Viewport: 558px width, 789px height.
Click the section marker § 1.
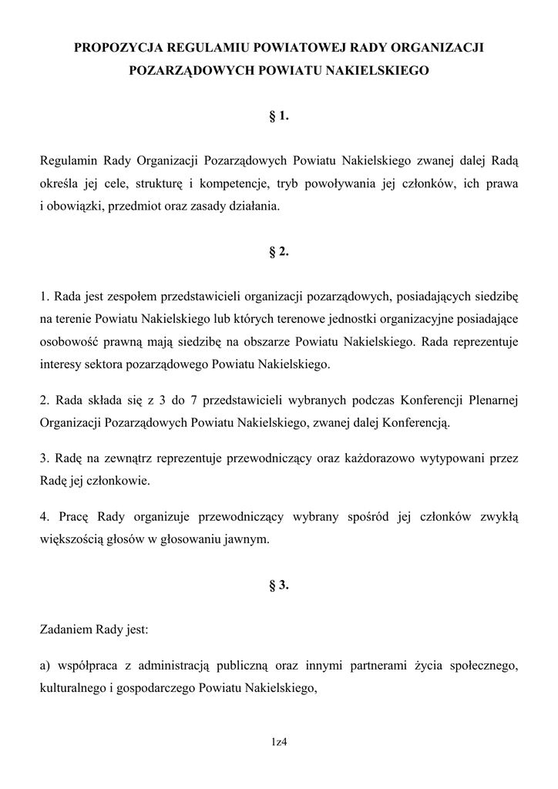279,116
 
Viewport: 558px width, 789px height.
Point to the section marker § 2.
279,250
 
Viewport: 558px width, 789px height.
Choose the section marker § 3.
279,585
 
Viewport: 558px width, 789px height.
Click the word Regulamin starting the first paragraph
67,162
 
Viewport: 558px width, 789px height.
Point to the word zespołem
119,296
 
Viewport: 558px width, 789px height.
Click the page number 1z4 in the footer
279,742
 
